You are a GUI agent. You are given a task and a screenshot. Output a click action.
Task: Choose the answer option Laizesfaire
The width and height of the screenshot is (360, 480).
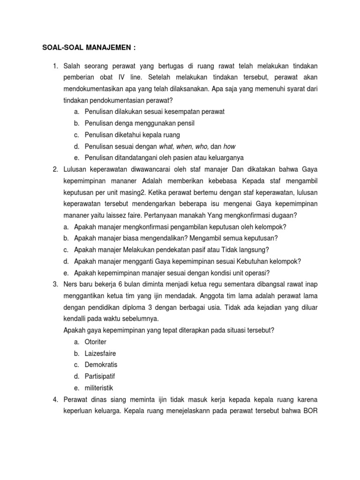[x=100, y=353]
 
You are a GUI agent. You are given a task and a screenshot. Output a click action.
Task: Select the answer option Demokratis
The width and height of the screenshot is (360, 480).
[x=101, y=365]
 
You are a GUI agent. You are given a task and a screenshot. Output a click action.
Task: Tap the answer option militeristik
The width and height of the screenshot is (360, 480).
[x=99, y=388]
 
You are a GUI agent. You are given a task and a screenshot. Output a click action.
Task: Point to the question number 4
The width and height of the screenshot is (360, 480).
[x=55, y=399]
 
